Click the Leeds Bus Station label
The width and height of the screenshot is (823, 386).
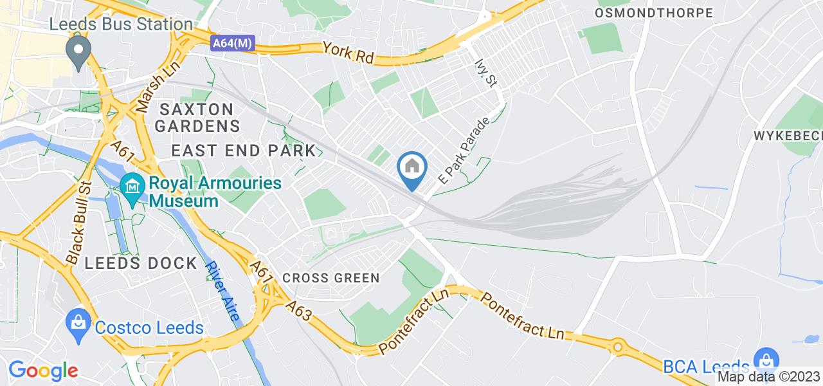tap(122, 24)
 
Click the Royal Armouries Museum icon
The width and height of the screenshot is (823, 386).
tap(132, 186)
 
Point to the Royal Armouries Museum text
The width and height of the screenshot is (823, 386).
tap(215, 192)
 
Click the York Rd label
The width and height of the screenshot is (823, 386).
tap(348, 51)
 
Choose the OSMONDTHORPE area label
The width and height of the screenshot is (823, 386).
tap(654, 13)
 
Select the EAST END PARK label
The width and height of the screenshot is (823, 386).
tap(244, 151)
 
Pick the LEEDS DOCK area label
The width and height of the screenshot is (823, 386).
tap(140, 263)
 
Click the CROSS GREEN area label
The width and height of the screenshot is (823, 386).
tap(331, 278)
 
